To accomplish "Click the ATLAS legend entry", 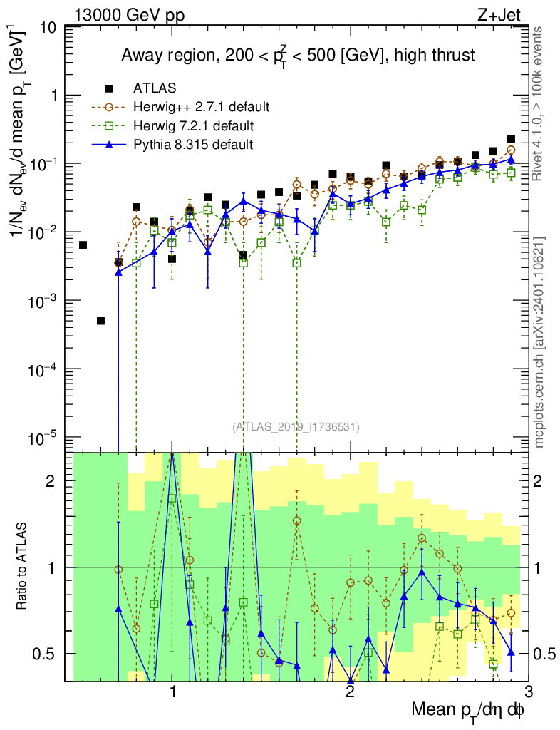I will pos(150,88).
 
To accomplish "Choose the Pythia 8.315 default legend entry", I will pos(193,145).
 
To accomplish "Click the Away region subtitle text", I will pos(298,55).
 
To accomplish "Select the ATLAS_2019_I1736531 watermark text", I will pos(296,427).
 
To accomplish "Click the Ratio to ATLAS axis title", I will pos(22,567).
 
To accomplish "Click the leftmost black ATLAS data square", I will pos(83,245).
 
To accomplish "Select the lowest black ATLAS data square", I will pos(101,321).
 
